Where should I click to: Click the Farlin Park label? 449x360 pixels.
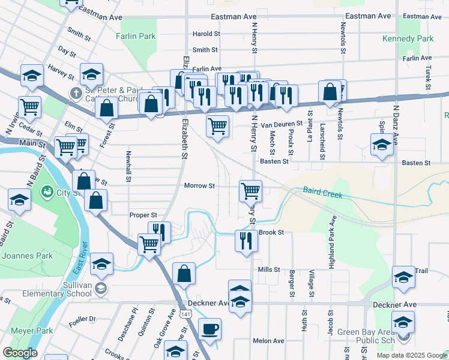point(136,36)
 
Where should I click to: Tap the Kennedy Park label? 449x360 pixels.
point(407,38)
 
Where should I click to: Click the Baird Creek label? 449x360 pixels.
point(322,193)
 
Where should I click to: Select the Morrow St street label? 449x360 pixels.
point(199,186)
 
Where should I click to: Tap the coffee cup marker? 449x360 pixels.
point(209,329)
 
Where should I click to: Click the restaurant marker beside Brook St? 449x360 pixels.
point(246,240)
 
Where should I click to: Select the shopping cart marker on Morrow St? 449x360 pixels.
point(250,191)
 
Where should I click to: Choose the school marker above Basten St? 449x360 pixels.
point(381,145)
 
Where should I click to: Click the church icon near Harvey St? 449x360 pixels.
point(75,93)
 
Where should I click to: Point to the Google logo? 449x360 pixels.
point(20,353)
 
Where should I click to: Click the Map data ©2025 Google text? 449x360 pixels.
point(411,355)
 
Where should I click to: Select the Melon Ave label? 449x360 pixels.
point(268,341)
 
